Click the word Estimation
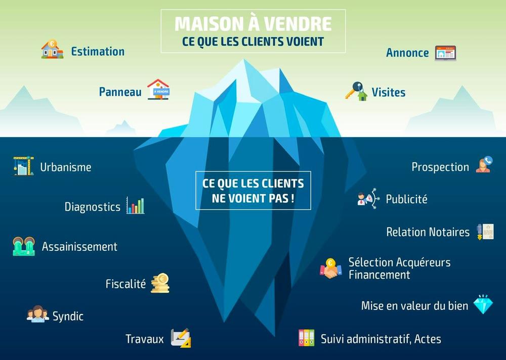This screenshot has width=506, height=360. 98,52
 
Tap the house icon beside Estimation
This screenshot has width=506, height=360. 52,49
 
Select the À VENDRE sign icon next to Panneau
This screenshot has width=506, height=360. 158,89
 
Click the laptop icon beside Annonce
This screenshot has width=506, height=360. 445,53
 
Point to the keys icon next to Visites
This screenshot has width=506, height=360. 356,92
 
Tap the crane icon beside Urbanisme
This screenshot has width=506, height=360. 24,166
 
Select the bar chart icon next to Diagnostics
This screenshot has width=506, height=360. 135,205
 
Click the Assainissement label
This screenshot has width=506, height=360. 80,247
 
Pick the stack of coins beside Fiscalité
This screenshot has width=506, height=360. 160,283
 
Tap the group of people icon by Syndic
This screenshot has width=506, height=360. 38,314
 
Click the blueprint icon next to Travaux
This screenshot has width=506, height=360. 181,338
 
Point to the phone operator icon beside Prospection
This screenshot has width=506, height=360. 484,164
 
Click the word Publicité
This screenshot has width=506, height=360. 407,199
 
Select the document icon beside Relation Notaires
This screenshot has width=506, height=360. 485,232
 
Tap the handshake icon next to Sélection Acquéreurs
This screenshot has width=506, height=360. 331,268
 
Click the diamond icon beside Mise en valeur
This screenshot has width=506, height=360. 483,304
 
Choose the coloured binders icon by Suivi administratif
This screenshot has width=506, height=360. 306,338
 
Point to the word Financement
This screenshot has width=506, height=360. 379,275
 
